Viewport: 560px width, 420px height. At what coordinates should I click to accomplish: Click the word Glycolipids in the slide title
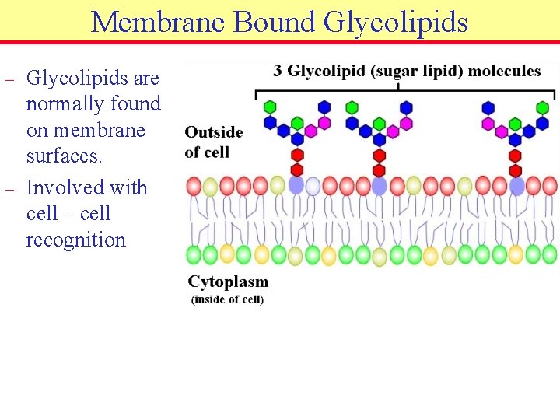pos(395,22)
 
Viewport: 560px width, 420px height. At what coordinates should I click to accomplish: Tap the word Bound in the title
pos(276,22)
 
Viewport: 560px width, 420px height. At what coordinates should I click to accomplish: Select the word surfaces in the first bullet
pos(64,156)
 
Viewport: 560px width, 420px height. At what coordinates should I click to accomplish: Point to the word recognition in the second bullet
pos(75,240)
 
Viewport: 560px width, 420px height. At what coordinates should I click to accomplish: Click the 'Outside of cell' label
pos(213,142)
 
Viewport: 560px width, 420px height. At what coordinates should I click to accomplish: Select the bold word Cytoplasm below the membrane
pos(228,282)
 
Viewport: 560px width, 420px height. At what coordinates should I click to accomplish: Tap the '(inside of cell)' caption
pos(227,299)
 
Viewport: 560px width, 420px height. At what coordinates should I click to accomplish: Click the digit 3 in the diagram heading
pos(278,72)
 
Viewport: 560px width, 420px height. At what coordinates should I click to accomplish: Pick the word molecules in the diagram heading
pos(503,72)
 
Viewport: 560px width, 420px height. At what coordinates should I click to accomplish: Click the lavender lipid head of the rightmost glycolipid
pos(516,185)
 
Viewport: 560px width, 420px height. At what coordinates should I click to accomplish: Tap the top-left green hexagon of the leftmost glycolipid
pos(270,107)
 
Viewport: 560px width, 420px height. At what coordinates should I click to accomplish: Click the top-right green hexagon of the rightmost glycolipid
pos(542,107)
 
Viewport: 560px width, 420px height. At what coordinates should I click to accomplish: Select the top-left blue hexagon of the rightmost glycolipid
pos(488,107)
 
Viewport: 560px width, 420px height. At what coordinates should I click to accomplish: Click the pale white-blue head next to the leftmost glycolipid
pos(313,186)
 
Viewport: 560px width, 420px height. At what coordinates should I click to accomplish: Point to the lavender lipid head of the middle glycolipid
pos(380,185)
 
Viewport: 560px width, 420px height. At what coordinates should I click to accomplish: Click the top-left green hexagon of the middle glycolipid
pos(352,107)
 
